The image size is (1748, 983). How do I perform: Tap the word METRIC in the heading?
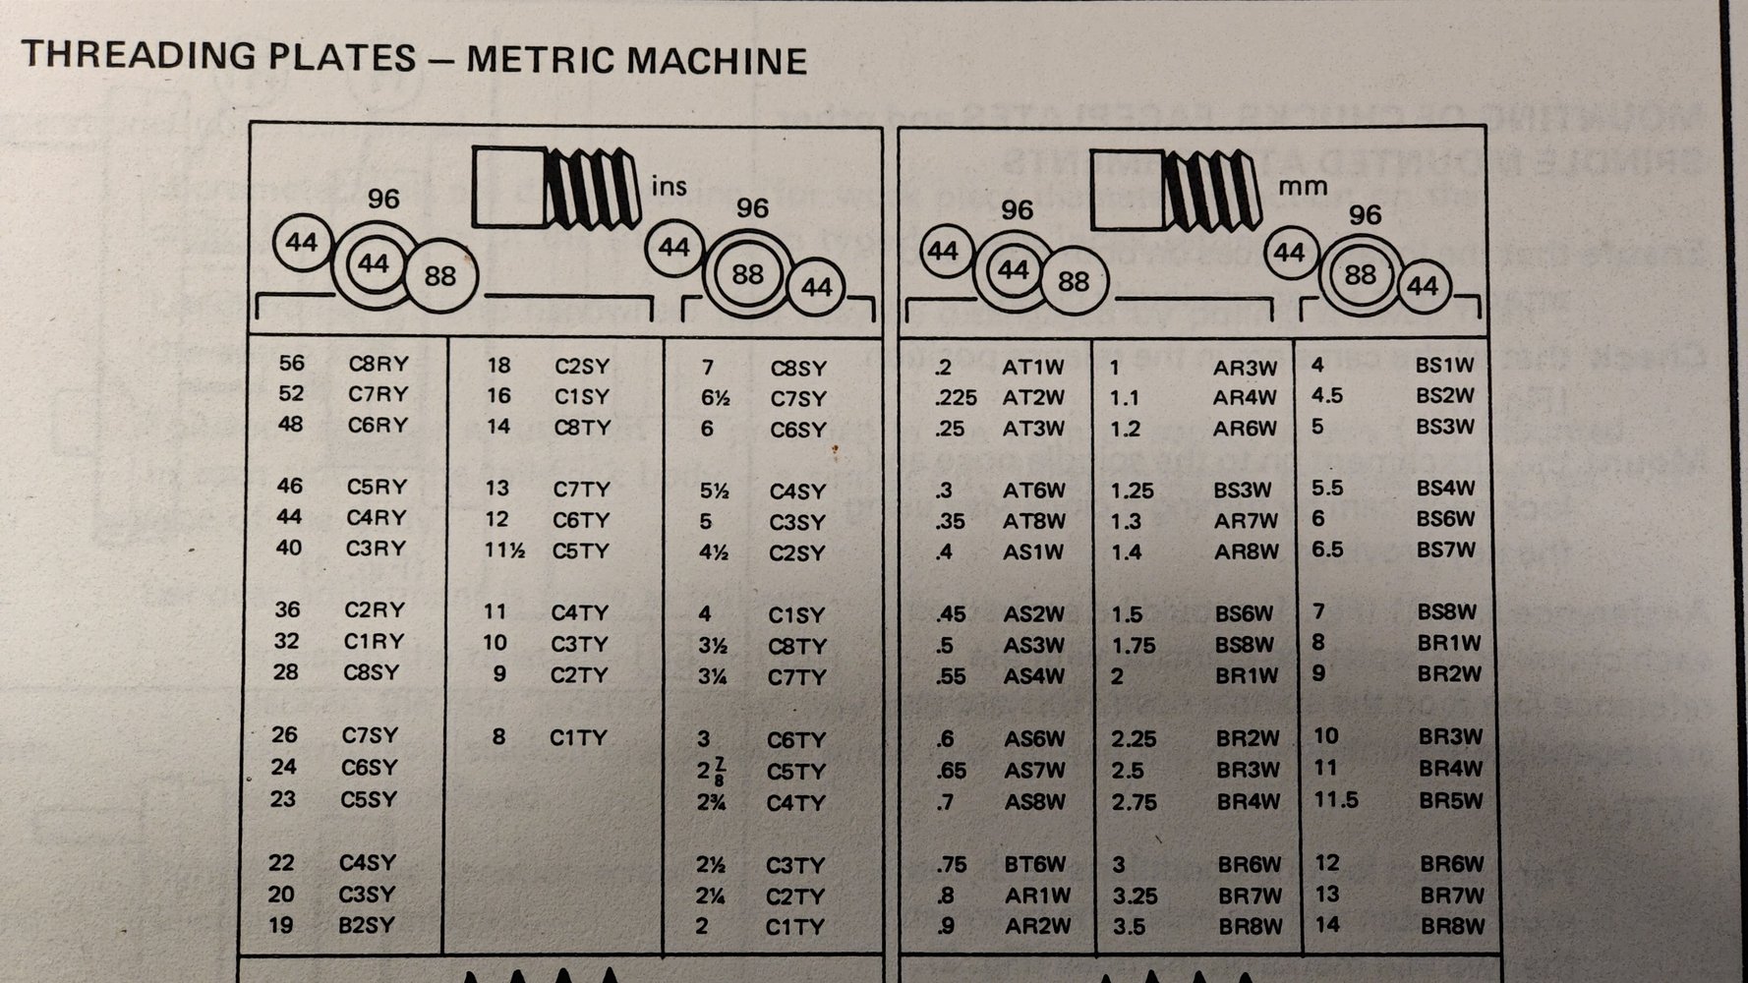click(540, 59)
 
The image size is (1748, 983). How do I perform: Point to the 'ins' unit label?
click(669, 185)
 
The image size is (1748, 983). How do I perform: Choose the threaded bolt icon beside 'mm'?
click(1176, 187)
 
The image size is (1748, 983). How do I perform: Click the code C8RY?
click(379, 364)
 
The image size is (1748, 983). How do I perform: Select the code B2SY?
click(367, 925)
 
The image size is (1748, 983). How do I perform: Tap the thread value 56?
click(291, 363)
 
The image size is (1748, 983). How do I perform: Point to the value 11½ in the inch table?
click(504, 550)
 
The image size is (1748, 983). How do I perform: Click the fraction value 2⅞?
click(711, 771)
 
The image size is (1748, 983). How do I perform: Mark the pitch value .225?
click(957, 398)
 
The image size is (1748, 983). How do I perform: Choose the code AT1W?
click(1033, 368)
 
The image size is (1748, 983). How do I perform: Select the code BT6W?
click(1035, 864)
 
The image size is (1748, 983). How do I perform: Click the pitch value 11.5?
click(1336, 799)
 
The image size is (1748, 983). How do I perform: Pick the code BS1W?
click(1445, 366)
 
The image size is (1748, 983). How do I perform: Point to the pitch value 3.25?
click(1135, 896)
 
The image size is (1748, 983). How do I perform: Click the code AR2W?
click(1037, 926)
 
